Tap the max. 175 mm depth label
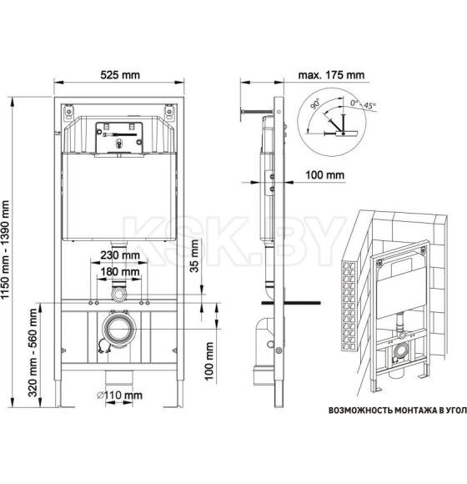click(x=331, y=74)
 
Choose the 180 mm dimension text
click(x=120, y=273)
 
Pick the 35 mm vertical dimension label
click(x=196, y=251)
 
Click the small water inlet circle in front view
click(x=119, y=294)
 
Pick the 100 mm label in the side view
click(x=324, y=175)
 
